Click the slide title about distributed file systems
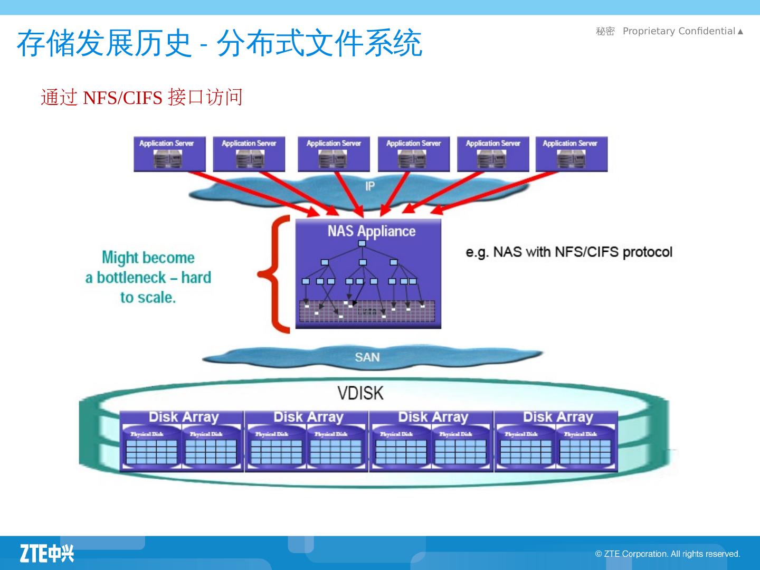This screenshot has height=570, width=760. tap(219, 43)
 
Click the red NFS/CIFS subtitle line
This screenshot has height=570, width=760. tap(141, 98)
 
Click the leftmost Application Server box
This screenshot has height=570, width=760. tap(169, 154)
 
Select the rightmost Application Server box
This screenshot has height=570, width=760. tap(571, 154)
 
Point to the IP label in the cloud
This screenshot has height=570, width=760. tap(370, 186)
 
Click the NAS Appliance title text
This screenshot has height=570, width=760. tap(371, 231)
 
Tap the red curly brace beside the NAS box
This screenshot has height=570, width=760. tap(275, 274)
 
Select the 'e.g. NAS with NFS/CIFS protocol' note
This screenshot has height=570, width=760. tap(569, 252)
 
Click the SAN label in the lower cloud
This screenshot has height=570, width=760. tap(367, 357)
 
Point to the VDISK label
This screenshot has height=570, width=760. tap(360, 393)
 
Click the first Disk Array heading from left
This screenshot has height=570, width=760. tap(183, 417)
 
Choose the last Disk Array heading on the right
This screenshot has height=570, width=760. tap(558, 417)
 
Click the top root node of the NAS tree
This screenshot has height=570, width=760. tap(362, 243)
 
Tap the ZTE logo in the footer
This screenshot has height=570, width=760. tap(47, 553)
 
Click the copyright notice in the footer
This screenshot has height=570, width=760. tap(668, 554)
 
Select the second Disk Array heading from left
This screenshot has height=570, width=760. tap(308, 417)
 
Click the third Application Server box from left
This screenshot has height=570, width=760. tap(334, 154)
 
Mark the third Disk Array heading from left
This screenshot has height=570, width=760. tap(433, 417)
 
